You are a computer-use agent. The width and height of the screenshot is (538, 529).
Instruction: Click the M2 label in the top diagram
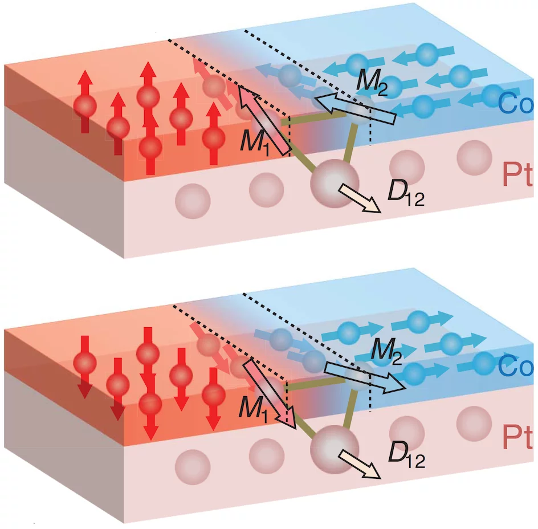point(372,82)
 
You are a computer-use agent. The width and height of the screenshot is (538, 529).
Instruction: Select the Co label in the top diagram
point(516,103)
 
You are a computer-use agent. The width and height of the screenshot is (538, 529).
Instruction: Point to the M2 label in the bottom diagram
point(386,351)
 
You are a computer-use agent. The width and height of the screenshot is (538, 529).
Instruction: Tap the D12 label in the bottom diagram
point(406,455)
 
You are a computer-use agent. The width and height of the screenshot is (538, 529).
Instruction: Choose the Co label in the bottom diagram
point(516,366)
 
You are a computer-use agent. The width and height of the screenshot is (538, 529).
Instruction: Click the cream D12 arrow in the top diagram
point(360,198)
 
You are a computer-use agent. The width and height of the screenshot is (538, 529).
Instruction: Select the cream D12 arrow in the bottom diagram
point(360,464)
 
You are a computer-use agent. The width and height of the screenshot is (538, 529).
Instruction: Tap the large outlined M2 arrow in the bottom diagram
point(365,377)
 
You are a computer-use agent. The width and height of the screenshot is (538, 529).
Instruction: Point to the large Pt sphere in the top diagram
point(335,184)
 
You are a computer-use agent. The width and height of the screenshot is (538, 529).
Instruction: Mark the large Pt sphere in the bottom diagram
point(335,450)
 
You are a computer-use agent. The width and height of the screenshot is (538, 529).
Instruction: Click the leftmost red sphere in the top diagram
point(85,107)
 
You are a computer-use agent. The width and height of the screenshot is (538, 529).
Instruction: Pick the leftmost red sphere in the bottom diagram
point(85,363)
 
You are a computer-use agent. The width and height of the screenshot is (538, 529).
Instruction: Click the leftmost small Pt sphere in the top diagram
point(193,201)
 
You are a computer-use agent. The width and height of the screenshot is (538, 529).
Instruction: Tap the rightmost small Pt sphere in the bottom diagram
point(474,424)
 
